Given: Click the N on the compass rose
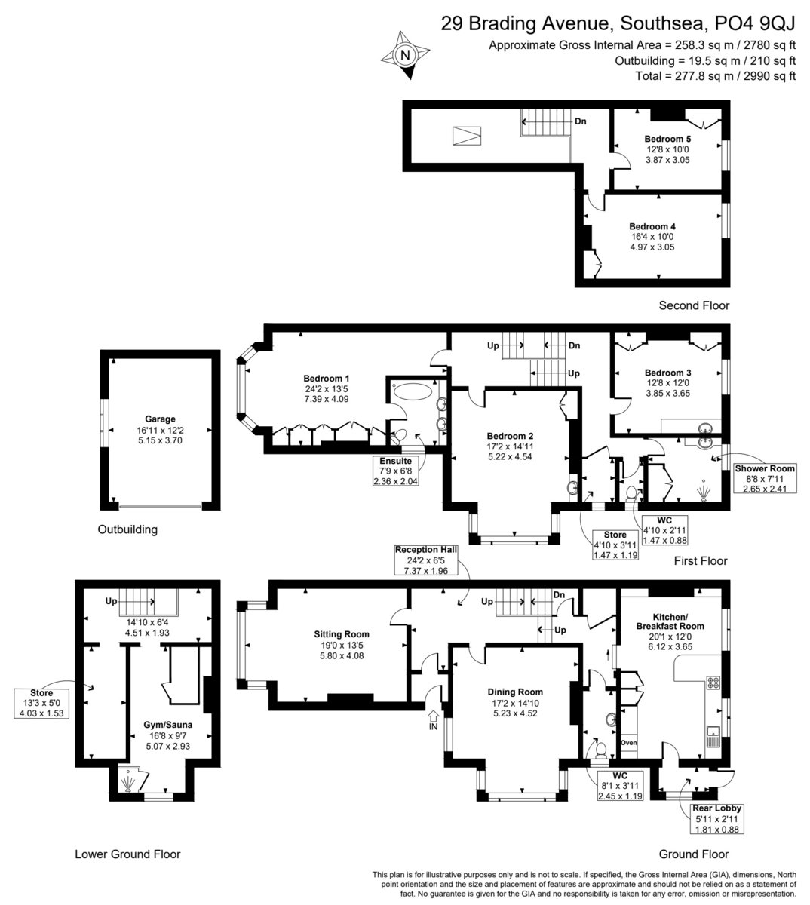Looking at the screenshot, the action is (x=405, y=55).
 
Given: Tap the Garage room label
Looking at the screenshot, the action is (x=160, y=419).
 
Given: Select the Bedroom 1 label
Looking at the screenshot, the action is (x=326, y=379).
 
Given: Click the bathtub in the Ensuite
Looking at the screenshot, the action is (x=413, y=391).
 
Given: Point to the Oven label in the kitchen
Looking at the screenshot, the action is (x=628, y=743).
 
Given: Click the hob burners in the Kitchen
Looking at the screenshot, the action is (x=713, y=682).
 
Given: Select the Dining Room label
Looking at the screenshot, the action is (x=515, y=692).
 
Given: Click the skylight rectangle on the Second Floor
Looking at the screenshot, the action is (x=467, y=136).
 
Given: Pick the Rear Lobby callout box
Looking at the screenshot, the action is (x=716, y=819).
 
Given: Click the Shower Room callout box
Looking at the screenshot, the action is (x=765, y=478).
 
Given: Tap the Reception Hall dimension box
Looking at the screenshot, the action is (x=426, y=560).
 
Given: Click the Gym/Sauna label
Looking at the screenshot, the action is (x=168, y=725).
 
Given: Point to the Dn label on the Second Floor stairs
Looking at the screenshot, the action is (x=581, y=121).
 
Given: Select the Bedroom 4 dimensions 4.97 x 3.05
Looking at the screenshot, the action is (x=652, y=247).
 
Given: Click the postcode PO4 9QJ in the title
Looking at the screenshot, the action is (x=755, y=23).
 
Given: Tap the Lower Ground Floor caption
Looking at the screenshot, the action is (x=127, y=854).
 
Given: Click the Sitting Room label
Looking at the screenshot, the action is (x=342, y=634).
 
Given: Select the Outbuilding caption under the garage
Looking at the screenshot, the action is (x=127, y=529).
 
